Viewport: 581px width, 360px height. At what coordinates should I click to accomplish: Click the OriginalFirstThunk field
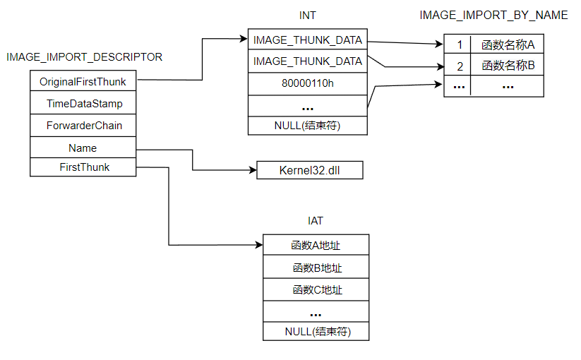[83, 82]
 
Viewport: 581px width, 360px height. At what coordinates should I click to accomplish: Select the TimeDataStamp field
[83, 104]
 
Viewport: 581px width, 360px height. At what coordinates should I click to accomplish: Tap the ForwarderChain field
[83, 126]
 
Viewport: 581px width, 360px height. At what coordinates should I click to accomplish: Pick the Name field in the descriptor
[83, 148]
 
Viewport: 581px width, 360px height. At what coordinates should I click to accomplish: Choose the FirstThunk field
[83, 167]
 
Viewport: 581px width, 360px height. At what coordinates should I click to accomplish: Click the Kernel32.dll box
[310, 170]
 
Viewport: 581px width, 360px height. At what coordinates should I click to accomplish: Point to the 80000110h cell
[308, 83]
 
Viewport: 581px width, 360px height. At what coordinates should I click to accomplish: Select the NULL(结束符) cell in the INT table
[308, 126]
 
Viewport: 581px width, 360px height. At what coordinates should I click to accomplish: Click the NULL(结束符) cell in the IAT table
[316, 331]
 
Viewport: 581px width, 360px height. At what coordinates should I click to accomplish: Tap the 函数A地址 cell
[316, 245]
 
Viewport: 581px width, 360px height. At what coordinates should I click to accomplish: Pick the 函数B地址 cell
[316, 268]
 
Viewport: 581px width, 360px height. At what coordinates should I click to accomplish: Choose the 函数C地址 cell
[316, 289]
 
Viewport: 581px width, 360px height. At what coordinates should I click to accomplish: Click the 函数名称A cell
[508, 45]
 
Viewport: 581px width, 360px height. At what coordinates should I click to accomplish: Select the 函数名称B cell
[508, 66]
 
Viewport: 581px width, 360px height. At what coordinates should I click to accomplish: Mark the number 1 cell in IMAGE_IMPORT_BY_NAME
[459, 45]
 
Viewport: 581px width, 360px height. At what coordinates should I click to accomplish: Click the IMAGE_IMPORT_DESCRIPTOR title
[84, 57]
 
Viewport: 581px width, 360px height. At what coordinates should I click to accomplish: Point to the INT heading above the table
[308, 15]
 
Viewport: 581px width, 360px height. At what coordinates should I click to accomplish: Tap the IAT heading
[316, 221]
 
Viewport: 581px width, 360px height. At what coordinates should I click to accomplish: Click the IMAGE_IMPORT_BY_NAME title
[493, 15]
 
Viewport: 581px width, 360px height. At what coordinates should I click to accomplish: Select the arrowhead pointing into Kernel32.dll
[252, 170]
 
